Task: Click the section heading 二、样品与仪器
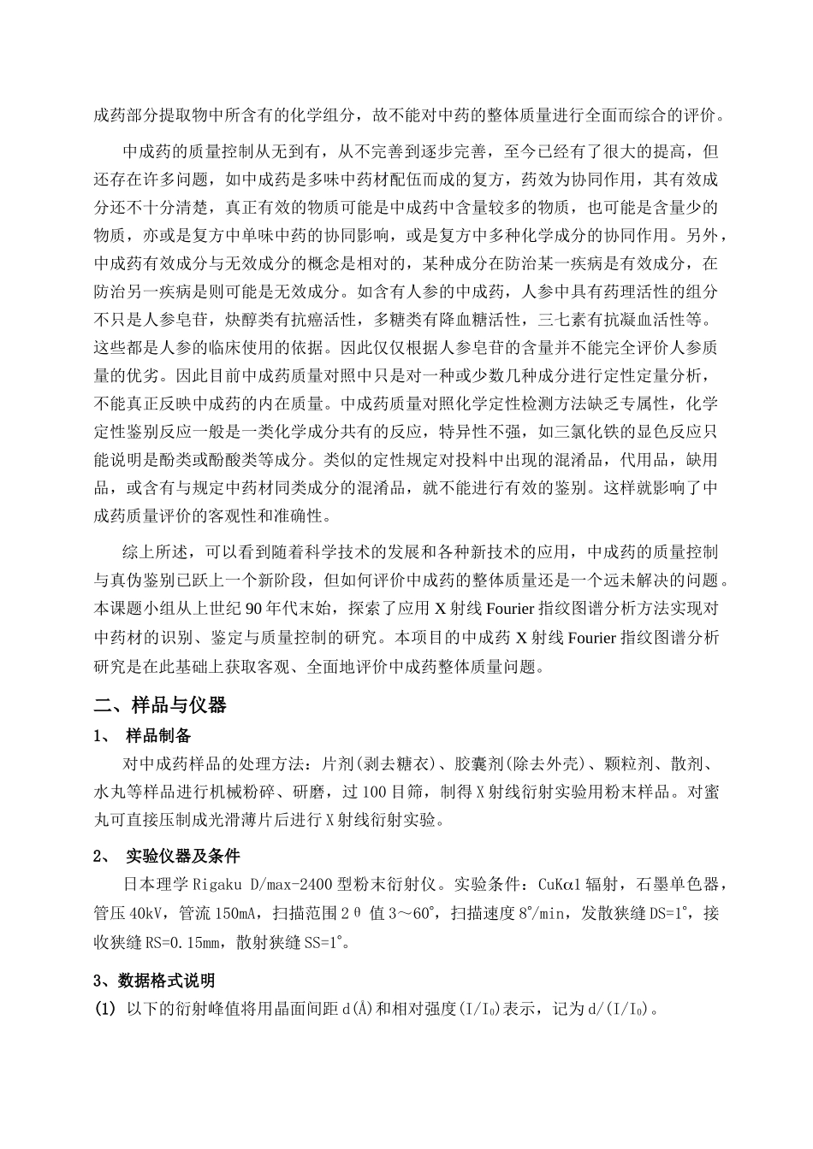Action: pos(160,705)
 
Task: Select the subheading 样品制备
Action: pos(158,736)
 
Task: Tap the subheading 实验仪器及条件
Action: pos(182,857)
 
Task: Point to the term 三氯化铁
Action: pos(594,431)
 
